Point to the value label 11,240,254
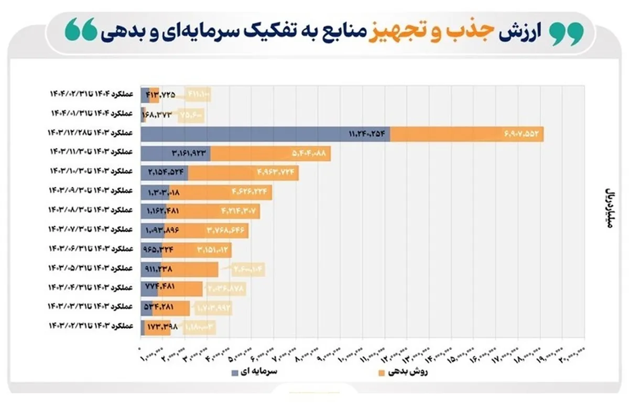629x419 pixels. (x=367, y=135)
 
